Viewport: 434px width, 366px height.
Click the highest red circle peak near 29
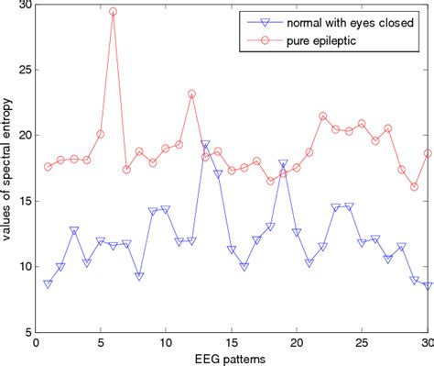coord(113,12)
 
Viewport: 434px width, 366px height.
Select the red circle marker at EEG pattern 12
coord(191,94)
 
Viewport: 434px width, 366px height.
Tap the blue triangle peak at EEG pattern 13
coord(205,145)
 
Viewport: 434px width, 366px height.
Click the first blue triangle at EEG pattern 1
coord(48,284)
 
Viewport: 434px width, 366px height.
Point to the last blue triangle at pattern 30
coord(428,286)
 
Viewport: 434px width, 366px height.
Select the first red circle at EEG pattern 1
coord(48,167)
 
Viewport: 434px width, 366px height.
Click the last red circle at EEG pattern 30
coord(428,153)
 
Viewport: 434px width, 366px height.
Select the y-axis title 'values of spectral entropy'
coord(8,169)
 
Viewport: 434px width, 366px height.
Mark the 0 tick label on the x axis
coord(35,343)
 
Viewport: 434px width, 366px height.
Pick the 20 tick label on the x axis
coord(297,343)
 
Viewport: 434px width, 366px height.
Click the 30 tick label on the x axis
coord(427,343)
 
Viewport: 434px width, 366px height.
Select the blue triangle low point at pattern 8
coord(139,276)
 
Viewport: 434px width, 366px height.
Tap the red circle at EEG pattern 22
coord(323,116)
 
